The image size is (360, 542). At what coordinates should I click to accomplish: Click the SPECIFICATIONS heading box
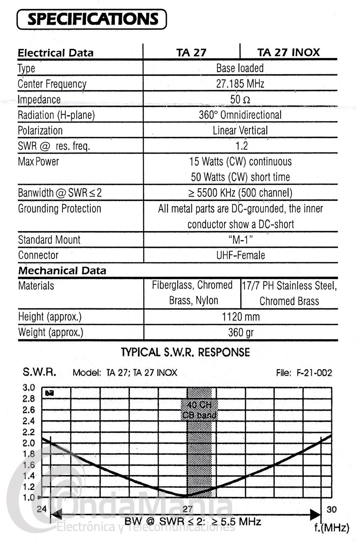click(92, 19)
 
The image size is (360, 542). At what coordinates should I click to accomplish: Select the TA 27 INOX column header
click(288, 53)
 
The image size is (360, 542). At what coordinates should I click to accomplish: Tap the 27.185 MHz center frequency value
click(240, 84)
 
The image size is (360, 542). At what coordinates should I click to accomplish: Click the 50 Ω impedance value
click(240, 99)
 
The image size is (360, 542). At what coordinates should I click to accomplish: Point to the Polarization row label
click(40, 131)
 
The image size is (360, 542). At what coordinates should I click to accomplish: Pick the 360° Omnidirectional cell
click(240, 115)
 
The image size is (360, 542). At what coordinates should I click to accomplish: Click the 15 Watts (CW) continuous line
click(240, 162)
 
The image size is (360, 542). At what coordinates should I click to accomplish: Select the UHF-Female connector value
click(240, 255)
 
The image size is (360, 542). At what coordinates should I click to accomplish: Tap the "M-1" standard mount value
click(240, 240)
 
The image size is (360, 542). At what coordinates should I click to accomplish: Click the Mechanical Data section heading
click(62, 271)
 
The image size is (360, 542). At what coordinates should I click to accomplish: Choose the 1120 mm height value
click(240, 317)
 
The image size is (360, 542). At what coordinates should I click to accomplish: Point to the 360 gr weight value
click(240, 332)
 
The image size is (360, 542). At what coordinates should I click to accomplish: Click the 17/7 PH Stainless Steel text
click(289, 286)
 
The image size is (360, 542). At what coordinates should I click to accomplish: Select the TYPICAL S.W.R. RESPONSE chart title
click(186, 352)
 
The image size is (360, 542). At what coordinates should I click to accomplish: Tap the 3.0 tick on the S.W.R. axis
click(29, 388)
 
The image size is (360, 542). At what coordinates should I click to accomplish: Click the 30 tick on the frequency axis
click(332, 509)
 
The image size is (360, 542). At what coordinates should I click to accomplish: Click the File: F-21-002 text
click(304, 373)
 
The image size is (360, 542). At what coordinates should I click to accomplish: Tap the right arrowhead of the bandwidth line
click(316, 515)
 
